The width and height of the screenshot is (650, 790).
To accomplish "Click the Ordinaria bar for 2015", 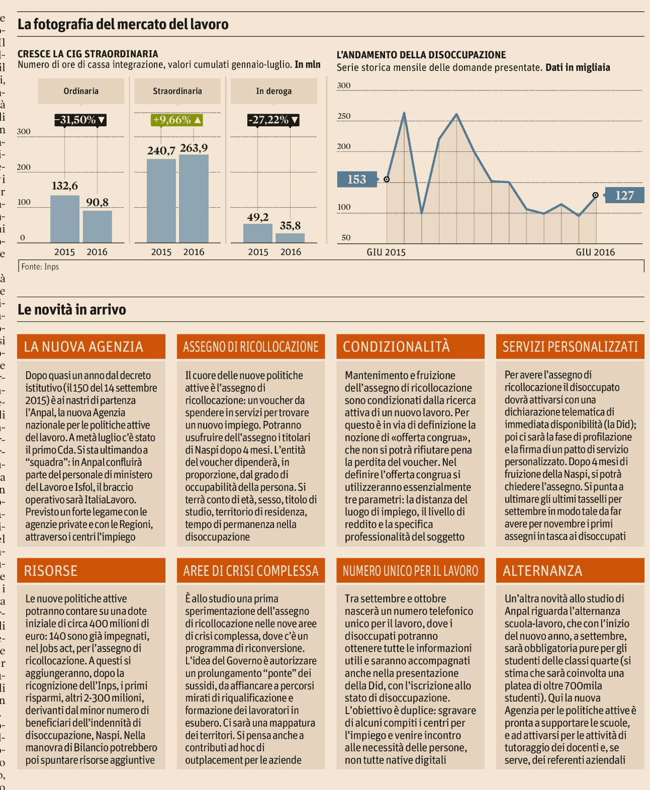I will coord(64,219).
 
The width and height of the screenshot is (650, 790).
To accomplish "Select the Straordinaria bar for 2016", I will coord(194,199).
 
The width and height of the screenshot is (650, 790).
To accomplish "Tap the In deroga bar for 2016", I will coord(290,238).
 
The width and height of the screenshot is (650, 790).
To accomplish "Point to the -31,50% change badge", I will coord(81,120).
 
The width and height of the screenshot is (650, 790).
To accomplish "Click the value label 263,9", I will coord(194,148).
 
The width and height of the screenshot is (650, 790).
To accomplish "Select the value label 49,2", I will coord(257,217).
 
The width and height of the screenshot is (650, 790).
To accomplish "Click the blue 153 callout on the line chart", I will coord(356,180).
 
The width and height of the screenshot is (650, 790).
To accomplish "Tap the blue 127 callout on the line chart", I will coord(624,195).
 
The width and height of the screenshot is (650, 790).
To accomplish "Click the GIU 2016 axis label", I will coord(595,252).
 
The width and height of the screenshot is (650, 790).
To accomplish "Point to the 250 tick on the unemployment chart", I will coord(344,116).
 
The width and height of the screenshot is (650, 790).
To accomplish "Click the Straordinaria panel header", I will coord(177,91).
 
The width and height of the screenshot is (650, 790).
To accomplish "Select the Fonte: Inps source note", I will coord(40,267).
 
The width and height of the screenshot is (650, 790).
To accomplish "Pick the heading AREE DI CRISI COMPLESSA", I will coord(251,570).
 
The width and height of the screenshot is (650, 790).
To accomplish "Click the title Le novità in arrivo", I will coord(72,309).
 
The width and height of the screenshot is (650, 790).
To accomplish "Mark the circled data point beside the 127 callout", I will coord(595,195).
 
